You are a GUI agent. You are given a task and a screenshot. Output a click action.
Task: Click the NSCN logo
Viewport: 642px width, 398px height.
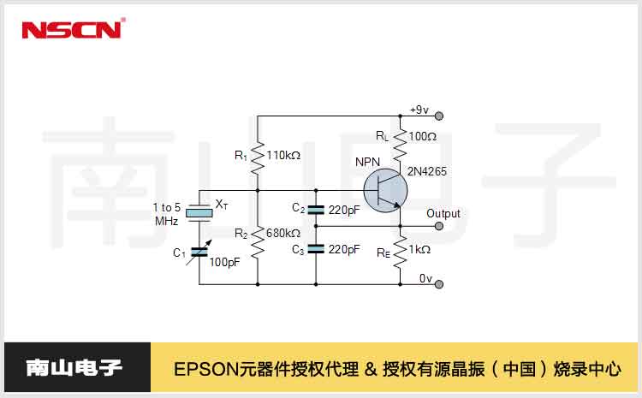(73, 29)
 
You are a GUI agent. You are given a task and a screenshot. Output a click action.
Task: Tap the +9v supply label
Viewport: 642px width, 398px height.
(419, 110)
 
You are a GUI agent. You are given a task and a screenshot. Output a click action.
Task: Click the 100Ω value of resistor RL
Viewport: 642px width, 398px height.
(423, 136)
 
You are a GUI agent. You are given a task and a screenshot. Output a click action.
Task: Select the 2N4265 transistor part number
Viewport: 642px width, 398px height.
(427, 171)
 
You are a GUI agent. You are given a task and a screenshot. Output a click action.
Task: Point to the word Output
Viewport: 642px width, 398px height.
(443, 214)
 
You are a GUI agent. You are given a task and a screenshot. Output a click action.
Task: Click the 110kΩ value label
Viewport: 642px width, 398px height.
(283, 156)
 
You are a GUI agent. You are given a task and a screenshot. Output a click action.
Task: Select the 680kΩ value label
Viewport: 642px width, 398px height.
(283, 233)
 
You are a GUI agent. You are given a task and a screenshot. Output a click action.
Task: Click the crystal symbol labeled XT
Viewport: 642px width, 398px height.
(199, 212)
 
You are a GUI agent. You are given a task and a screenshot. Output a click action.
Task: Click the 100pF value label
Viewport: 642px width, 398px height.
(223, 262)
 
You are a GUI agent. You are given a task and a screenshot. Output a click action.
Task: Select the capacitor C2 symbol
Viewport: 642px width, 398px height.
(316, 209)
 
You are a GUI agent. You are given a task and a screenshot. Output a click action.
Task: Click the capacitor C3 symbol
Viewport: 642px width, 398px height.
(316, 249)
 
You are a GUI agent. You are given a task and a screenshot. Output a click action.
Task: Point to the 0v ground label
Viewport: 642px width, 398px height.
(426, 279)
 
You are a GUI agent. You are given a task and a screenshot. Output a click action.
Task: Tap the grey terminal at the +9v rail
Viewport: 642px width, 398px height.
(439, 116)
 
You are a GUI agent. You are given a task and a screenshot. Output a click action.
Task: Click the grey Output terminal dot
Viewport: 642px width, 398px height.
(439, 226)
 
